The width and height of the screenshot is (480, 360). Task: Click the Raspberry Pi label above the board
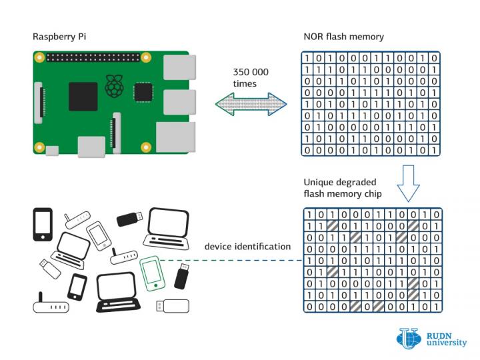pos(58,36)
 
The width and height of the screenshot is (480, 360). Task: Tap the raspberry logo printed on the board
pos(115,85)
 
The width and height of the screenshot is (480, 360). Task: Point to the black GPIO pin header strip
pos(94,59)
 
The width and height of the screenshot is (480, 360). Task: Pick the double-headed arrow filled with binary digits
pos(251,104)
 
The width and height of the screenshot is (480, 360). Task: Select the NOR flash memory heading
pos(343,36)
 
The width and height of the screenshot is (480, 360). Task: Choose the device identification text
pos(247,247)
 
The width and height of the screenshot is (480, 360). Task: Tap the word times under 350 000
pos(244,84)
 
